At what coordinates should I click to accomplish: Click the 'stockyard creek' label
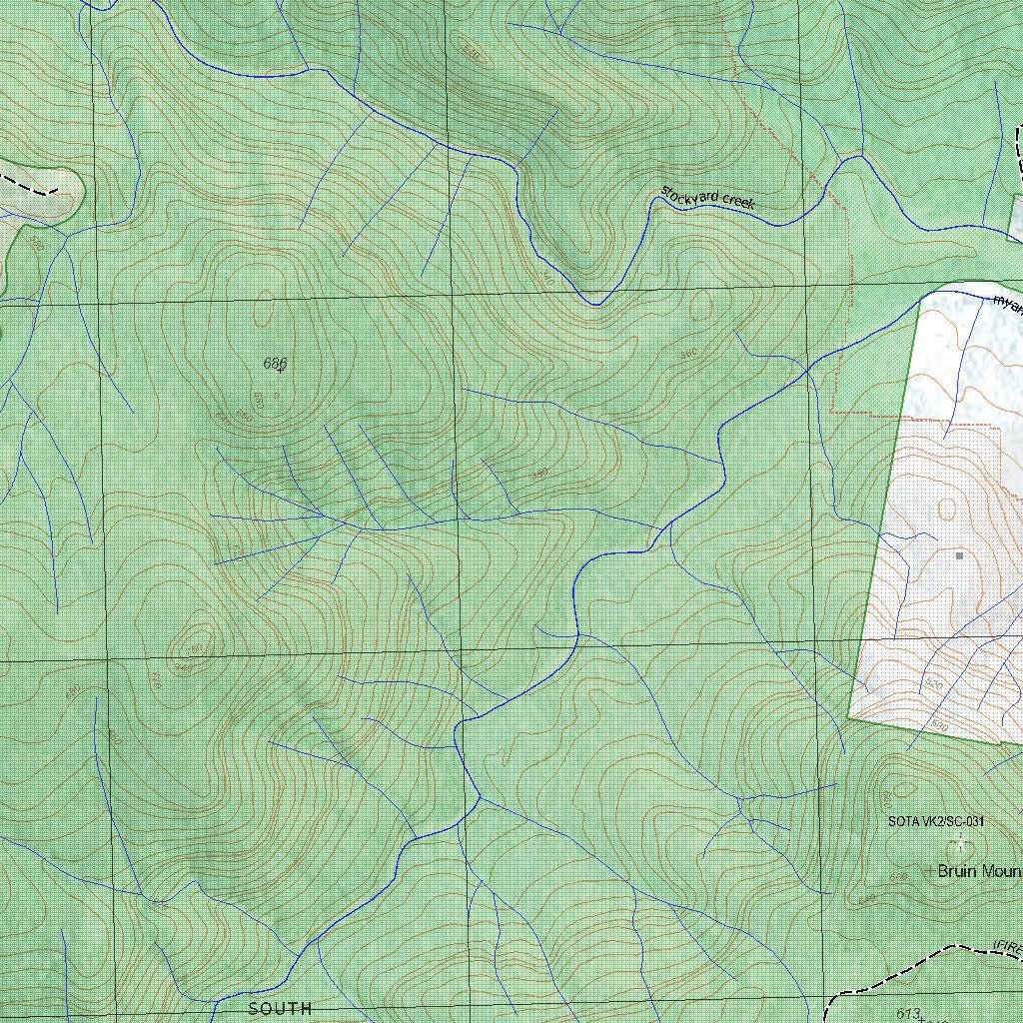tap(707, 196)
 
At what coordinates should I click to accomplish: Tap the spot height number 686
tap(275, 363)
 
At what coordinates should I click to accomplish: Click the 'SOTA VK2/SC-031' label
tap(936, 821)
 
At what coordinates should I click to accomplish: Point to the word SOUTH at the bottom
tap(280, 1009)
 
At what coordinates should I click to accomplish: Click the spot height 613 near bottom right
tap(907, 1014)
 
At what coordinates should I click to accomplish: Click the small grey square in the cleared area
tap(959, 555)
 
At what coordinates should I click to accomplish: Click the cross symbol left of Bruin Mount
tap(929, 871)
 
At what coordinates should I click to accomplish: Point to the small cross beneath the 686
tap(280, 372)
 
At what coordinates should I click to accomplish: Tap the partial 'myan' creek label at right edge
tap(1008, 303)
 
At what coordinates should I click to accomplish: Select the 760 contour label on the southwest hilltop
tap(191, 649)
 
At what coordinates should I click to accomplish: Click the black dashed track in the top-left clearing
tap(30, 186)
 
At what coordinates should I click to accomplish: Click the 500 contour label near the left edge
tap(38, 243)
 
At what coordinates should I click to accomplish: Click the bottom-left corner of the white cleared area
tap(849, 716)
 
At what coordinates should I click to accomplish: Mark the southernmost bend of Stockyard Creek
tap(596, 304)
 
